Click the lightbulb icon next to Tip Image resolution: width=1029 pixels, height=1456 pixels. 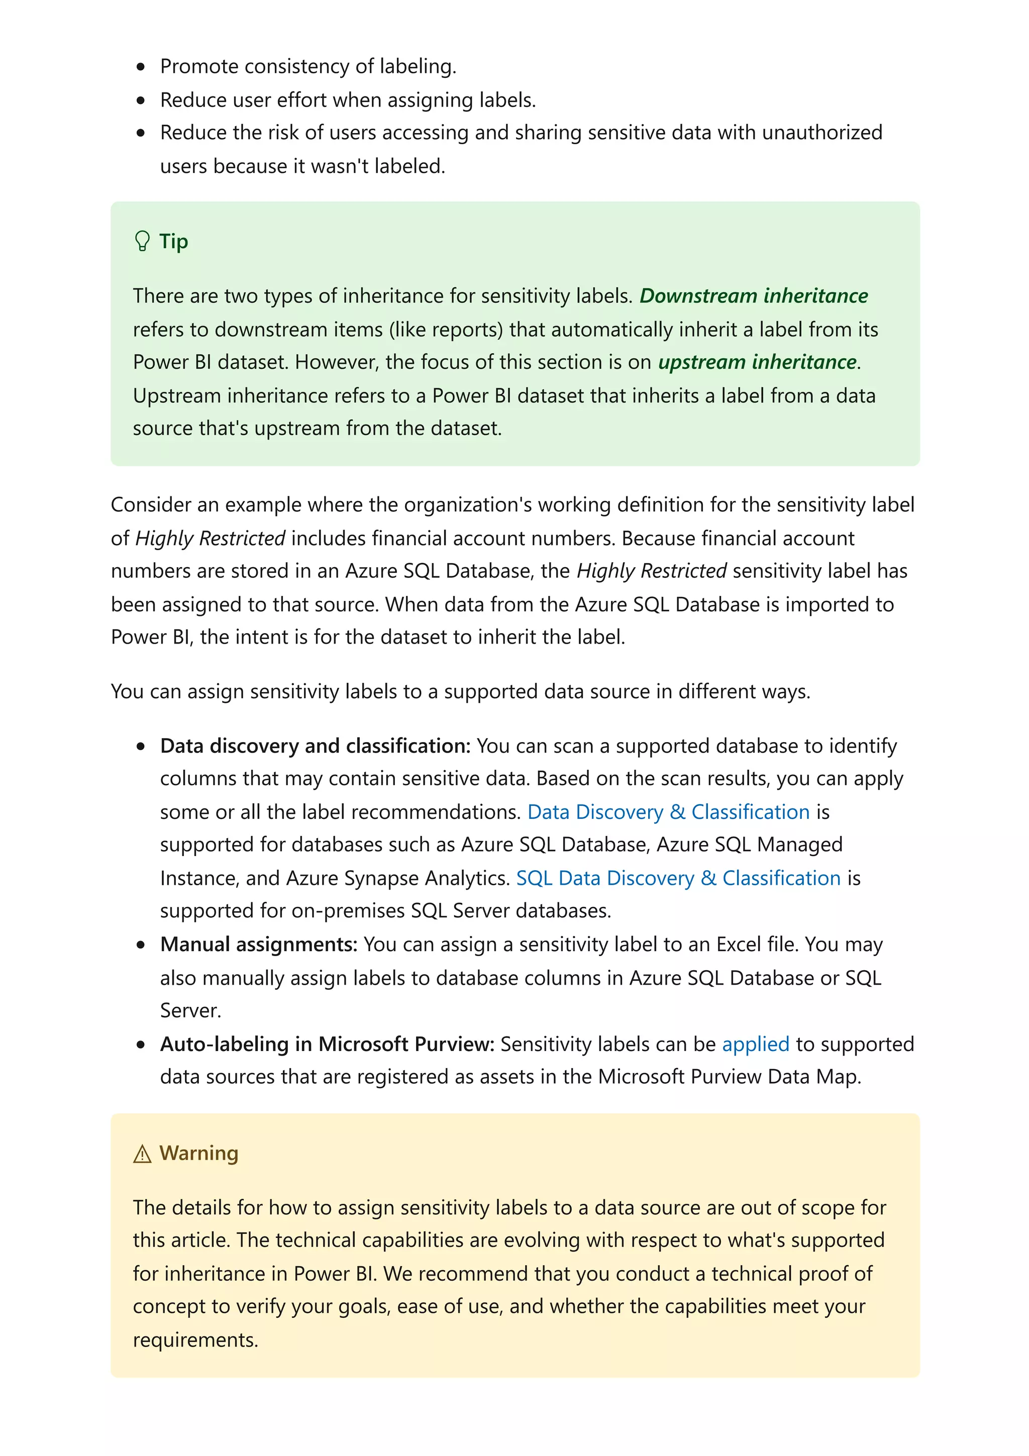pyautogui.click(x=143, y=241)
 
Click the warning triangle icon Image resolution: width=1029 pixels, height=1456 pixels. pyautogui.click(x=143, y=1154)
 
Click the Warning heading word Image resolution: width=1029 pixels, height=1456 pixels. pyautogui.click(x=198, y=1153)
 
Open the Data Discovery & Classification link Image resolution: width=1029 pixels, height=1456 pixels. pyautogui.click(x=668, y=812)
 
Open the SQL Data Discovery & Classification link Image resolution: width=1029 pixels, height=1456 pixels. pyautogui.click(x=678, y=878)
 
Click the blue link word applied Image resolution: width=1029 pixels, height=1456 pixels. pyautogui.click(x=755, y=1044)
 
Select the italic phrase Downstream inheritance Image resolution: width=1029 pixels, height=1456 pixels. pyautogui.click(x=753, y=295)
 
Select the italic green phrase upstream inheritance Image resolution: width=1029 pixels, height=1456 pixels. pyautogui.click(x=757, y=362)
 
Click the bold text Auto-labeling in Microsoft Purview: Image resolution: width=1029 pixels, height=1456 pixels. pyautogui.click(x=327, y=1044)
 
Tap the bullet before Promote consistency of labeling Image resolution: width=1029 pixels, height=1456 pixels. pyautogui.click(x=141, y=67)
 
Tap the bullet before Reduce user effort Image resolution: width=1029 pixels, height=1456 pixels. pyautogui.click(x=141, y=100)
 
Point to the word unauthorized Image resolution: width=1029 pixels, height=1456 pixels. pyautogui.click(x=821, y=133)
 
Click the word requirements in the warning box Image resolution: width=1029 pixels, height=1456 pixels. pyautogui.click(x=194, y=1340)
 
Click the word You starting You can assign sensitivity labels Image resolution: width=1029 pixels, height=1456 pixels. pyautogui.click(x=127, y=691)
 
